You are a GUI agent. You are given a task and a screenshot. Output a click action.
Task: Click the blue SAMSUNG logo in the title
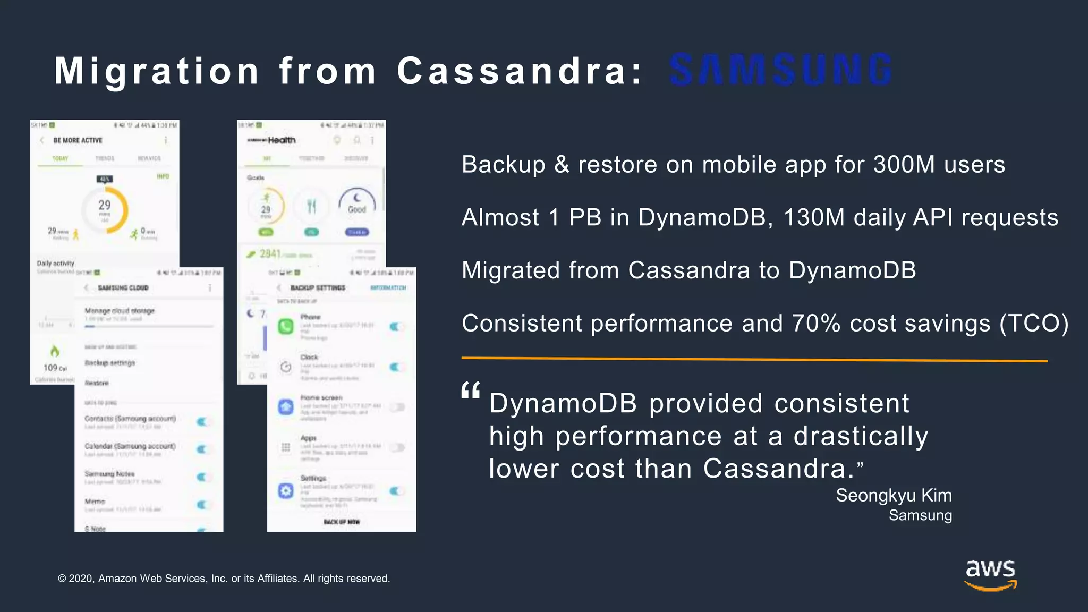point(780,70)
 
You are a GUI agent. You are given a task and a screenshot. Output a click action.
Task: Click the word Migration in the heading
point(157,71)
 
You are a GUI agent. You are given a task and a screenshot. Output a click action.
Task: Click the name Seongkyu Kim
point(894,495)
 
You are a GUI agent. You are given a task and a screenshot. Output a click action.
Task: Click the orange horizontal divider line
point(754,360)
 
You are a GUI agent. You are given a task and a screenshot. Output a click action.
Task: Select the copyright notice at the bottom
point(224,579)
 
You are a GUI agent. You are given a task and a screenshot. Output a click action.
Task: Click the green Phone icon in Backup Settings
point(286,326)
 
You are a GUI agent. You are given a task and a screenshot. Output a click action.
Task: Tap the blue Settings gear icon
point(286,490)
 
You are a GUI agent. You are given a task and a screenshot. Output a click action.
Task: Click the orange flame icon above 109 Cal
point(54,351)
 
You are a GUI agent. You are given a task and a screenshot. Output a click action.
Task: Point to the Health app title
point(282,140)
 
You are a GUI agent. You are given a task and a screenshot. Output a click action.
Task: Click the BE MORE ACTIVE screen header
point(78,140)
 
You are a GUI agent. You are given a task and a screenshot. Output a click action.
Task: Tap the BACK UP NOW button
point(342,522)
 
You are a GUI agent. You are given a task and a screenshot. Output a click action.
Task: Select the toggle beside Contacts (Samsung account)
point(203,422)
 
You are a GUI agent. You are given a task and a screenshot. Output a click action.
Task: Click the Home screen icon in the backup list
point(286,407)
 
